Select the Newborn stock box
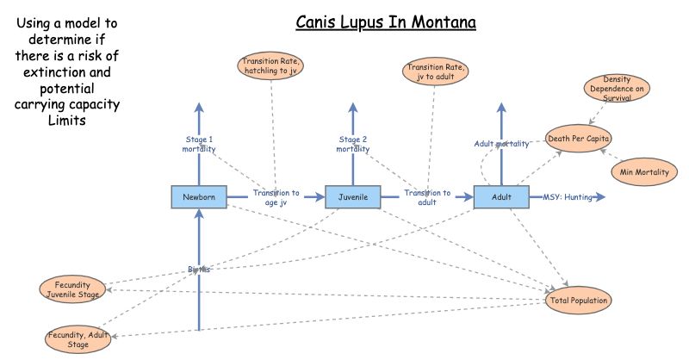point(199,197)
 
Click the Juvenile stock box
point(352,197)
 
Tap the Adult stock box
point(501,197)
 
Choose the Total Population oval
point(580,301)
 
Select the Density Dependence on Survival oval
point(617,88)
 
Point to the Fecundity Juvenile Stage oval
point(73,289)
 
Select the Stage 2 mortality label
point(352,144)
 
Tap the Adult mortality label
point(501,144)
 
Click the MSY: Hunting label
point(567,197)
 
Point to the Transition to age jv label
point(276,198)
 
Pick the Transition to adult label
point(428,198)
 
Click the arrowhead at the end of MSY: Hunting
point(601,197)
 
